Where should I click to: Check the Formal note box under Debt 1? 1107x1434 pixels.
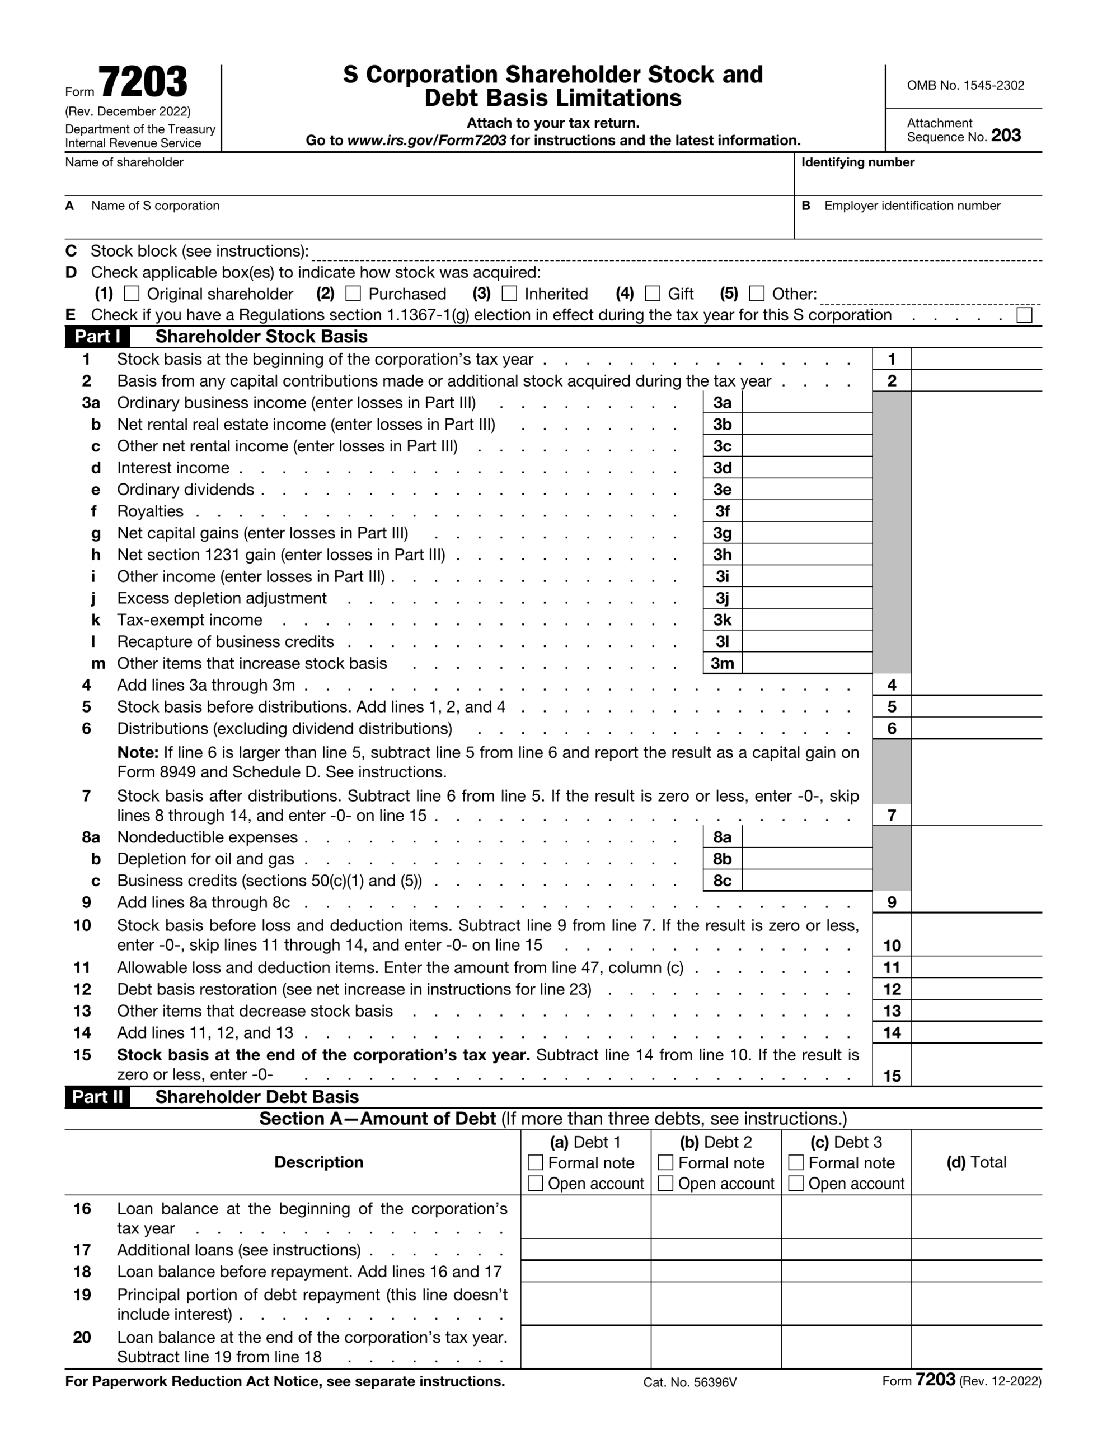pos(536,1162)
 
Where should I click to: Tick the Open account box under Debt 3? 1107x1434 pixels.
pos(796,1183)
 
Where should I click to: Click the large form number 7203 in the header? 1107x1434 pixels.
pos(143,83)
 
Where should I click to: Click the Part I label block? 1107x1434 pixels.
pos(97,336)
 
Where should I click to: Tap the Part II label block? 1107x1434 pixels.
pos(97,1097)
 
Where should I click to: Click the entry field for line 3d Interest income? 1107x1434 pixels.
pos(806,468)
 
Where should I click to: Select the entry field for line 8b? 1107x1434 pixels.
pos(806,858)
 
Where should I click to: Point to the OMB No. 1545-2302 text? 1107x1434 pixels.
pos(965,85)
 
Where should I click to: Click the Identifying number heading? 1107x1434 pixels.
pos(857,162)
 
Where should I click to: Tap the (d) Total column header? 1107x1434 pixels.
pos(976,1162)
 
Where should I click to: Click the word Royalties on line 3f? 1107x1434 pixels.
pos(151,511)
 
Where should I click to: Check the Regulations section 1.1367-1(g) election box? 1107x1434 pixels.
pos(1024,315)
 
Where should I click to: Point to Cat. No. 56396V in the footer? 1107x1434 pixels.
pos(689,1382)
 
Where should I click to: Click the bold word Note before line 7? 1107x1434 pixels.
pos(137,752)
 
